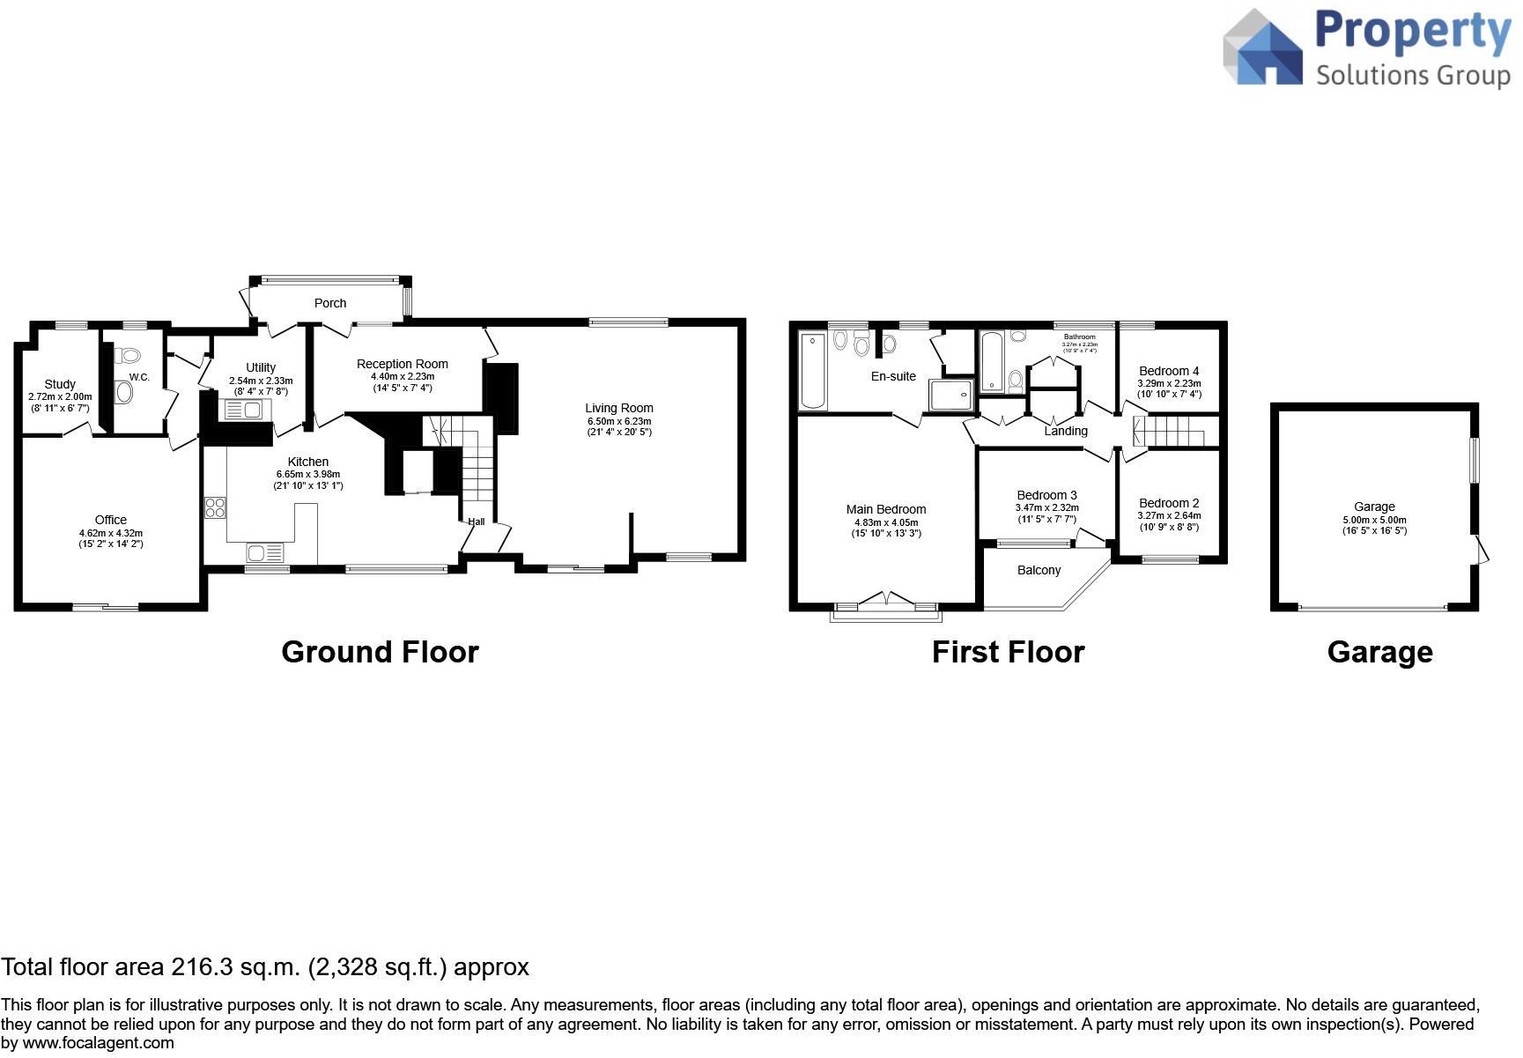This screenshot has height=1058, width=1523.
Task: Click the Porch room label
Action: point(330,303)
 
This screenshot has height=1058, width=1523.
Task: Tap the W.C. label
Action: point(139,377)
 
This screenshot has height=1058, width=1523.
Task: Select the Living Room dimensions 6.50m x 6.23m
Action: point(619,421)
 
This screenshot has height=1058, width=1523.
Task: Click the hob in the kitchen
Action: point(215,507)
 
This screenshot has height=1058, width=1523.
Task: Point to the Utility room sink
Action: point(243,410)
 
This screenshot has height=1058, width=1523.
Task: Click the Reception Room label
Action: point(403,364)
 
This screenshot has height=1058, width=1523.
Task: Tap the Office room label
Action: point(111,520)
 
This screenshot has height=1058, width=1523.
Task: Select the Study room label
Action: point(60,384)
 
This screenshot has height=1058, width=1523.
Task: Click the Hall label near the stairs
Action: point(477,522)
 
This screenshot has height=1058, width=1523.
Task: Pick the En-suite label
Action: point(893,376)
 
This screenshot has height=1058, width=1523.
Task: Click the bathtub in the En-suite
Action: point(813,370)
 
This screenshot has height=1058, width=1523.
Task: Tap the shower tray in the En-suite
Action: point(951,396)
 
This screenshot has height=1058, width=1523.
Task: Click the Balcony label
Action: point(1039,570)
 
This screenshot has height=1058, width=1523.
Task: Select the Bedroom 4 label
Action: point(1169,371)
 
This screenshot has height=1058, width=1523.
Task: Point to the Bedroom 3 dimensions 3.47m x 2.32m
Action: point(1047,507)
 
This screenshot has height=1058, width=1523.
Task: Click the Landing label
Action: point(1066,431)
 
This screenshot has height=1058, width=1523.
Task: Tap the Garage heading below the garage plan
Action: point(1379,652)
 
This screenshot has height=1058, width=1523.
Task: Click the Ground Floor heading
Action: point(380,652)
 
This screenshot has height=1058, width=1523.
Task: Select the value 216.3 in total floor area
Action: point(203,967)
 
